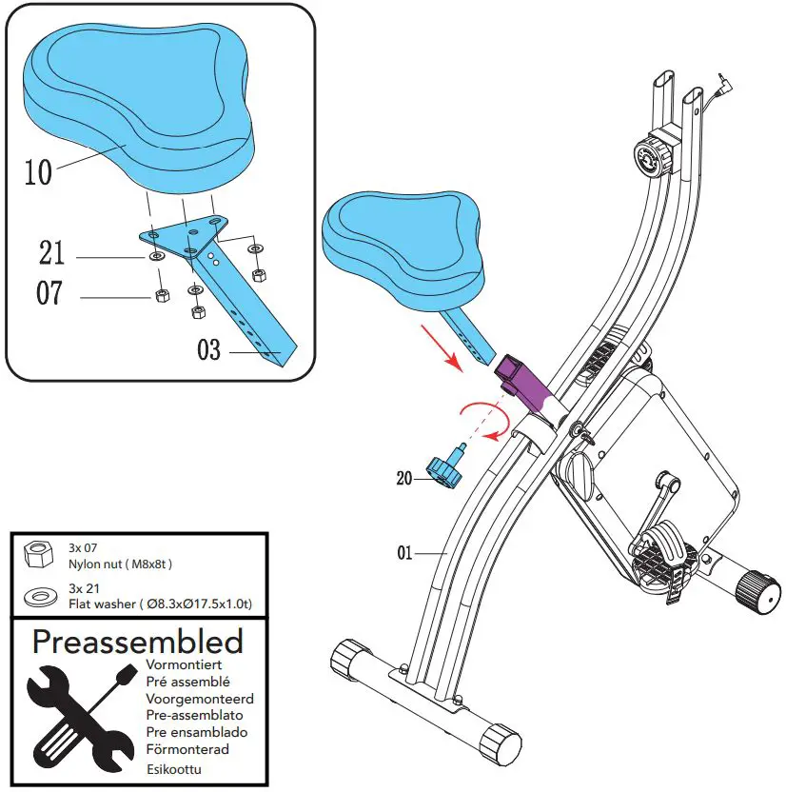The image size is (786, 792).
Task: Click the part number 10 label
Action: coord(37,172)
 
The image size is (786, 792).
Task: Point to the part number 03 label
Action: coord(209,351)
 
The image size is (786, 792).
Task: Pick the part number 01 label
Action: coord(405,552)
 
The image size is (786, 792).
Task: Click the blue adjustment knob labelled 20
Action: coord(444,467)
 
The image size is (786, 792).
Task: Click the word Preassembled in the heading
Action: coord(137,642)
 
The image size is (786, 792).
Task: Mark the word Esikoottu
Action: coord(175,769)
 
